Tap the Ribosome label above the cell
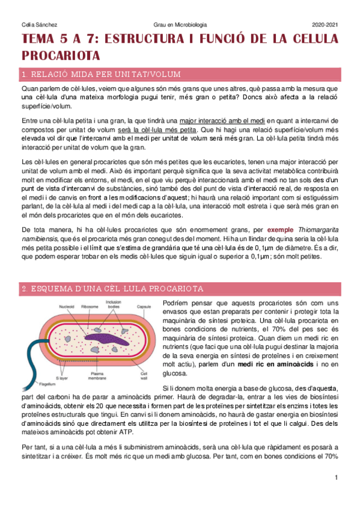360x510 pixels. (90, 307)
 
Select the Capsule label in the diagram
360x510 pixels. (144, 307)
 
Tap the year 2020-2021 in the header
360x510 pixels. (325, 25)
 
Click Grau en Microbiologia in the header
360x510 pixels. (180, 25)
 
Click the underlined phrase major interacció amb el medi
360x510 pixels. (218, 121)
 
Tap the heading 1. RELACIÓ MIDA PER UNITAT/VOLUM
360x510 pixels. (101, 74)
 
